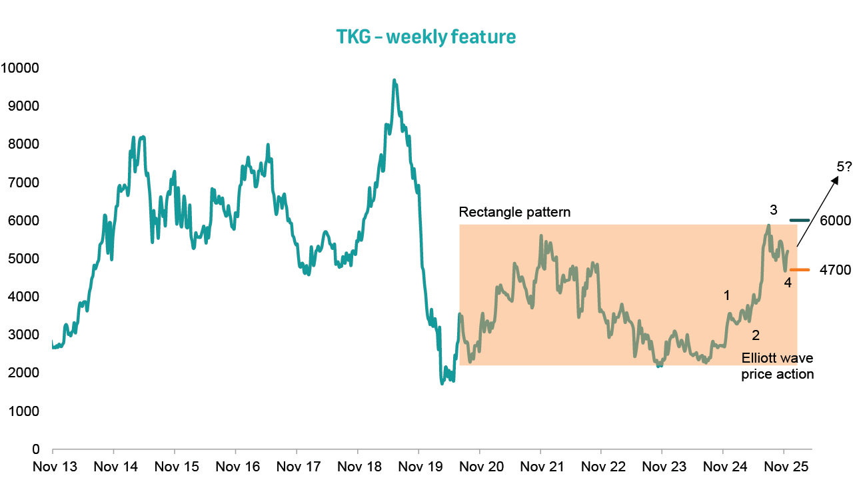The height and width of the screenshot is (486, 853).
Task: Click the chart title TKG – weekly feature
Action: click(x=426, y=37)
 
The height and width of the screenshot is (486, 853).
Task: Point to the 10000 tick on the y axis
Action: click(x=21, y=68)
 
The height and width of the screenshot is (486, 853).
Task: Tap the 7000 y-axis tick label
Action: click(x=23, y=183)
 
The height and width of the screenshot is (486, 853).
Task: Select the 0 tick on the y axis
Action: click(x=37, y=449)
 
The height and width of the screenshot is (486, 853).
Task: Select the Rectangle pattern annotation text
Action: click(x=514, y=213)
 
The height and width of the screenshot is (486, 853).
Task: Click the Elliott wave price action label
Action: click(x=778, y=366)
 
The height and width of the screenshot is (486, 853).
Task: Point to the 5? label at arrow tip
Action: click(x=844, y=165)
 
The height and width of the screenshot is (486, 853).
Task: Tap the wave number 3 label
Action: click(x=773, y=210)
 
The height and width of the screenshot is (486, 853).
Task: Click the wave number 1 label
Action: click(x=727, y=295)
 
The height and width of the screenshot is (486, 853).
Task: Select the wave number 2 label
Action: click(x=756, y=334)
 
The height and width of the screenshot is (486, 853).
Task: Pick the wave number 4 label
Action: click(x=788, y=283)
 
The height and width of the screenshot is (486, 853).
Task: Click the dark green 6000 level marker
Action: click(x=799, y=220)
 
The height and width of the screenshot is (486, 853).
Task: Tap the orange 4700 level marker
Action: click(x=799, y=270)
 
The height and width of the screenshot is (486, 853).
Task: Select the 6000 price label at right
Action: click(x=835, y=221)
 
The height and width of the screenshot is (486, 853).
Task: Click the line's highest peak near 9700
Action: click(x=395, y=81)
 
